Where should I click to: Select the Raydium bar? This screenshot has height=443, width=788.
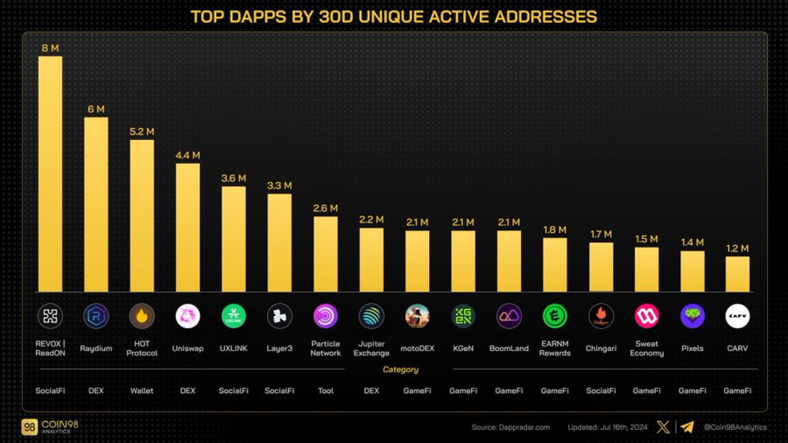coord(96,204)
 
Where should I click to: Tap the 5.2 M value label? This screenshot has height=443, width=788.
coord(142,132)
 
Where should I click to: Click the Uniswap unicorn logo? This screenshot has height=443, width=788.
coord(188,316)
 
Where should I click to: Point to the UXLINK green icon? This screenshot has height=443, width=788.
coord(234,316)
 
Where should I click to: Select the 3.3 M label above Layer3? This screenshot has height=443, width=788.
coord(279,186)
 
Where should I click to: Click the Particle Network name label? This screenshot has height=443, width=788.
coord(326,348)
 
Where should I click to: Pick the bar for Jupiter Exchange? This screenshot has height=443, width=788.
coord(371,260)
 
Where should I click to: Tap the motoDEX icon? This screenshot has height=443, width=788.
coord(417,316)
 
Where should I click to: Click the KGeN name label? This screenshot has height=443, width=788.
coord(463,348)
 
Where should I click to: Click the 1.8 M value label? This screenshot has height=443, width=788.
coord(554,230)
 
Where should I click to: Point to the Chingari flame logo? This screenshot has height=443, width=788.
coord(601,316)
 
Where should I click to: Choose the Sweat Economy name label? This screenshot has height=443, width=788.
coord(646,348)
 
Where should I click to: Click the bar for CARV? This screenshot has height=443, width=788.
coord(737,274)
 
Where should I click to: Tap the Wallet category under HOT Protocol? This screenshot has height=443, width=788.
coord(142,391)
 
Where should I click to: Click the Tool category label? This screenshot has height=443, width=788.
coord(326,391)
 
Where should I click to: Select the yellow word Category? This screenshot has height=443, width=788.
coord(400,369)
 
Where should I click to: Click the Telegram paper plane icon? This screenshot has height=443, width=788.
coord(687,427)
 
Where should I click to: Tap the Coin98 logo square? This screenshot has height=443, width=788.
coord(30,427)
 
